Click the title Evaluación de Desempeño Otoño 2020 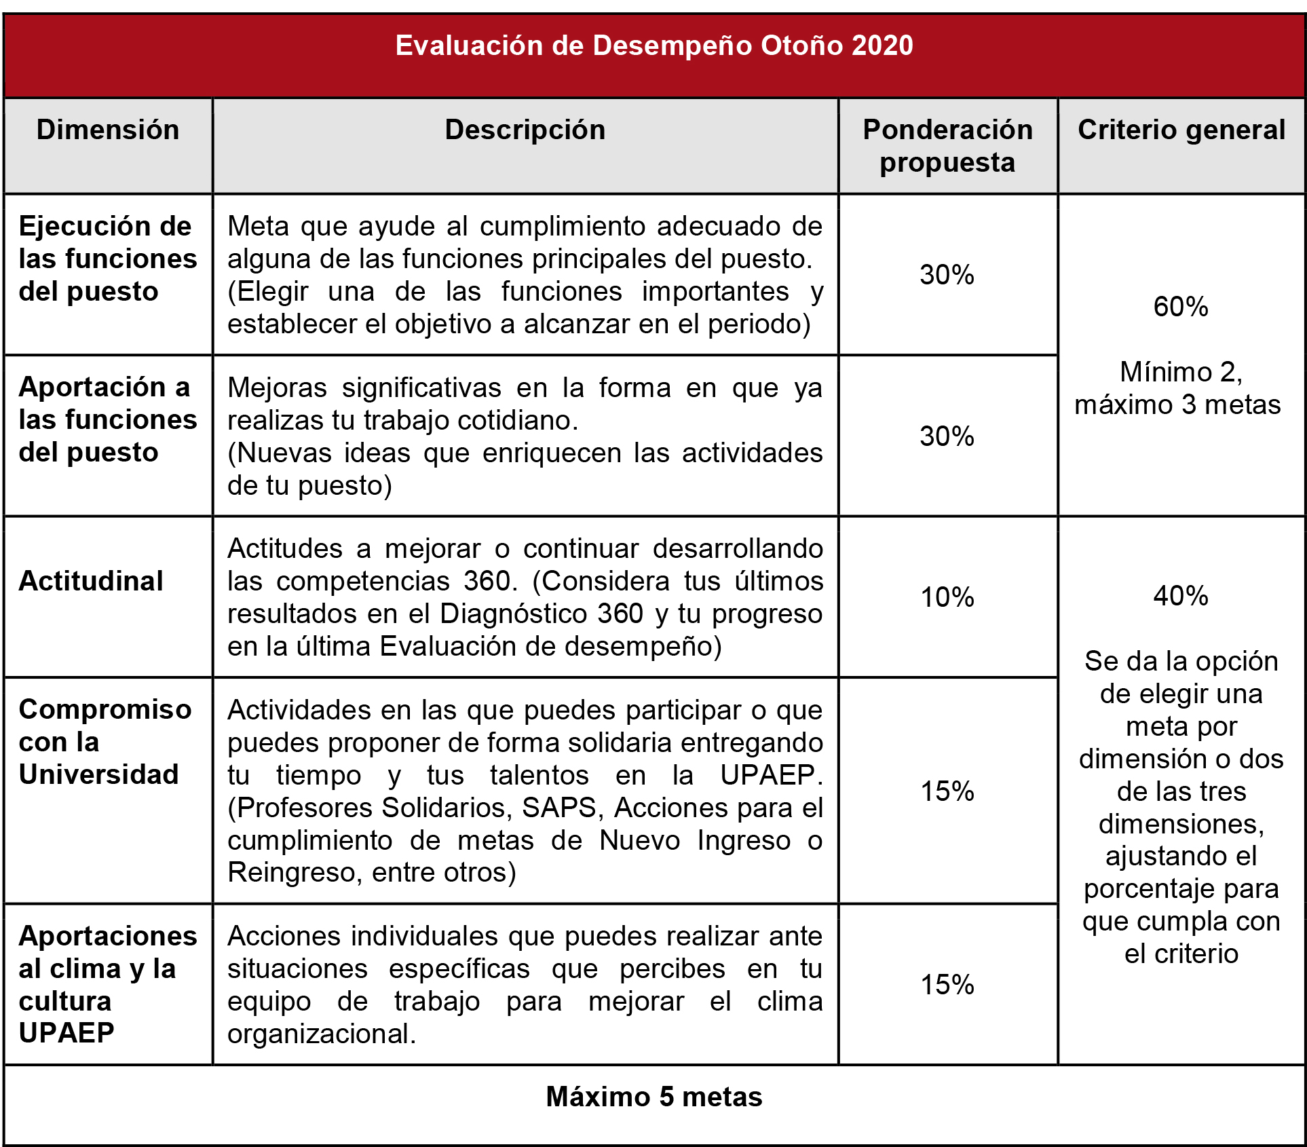[653, 46]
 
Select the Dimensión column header [108, 130]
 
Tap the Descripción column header [525, 130]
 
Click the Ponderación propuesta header [947, 146]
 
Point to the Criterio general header [1181, 130]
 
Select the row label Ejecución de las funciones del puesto [107, 259]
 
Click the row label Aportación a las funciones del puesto [107, 419]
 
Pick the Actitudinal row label [91, 581]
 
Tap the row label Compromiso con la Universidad [105, 742]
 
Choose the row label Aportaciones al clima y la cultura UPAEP [107, 984]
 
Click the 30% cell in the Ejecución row [947, 275]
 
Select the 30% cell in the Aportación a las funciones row [947, 436]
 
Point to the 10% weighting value [947, 597]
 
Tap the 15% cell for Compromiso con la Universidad [947, 791]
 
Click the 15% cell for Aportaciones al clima [947, 985]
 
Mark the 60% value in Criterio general [1181, 307]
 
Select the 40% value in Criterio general [1181, 596]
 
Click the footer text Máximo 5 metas [653, 1097]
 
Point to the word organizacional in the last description [320, 1034]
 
